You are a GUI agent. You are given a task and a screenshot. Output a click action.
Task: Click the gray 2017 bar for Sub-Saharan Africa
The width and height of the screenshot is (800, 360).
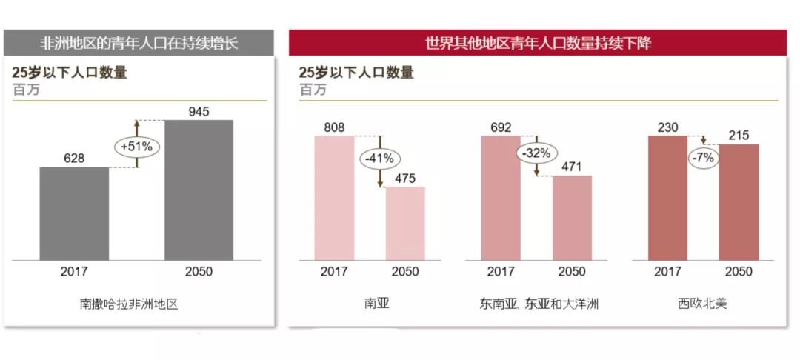point(74,213)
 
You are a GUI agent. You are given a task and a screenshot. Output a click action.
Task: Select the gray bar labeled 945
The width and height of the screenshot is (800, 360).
point(199,190)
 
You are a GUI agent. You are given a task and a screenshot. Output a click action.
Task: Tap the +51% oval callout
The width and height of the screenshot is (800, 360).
point(137,147)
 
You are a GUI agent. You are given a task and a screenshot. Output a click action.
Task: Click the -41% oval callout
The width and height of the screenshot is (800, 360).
point(380,159)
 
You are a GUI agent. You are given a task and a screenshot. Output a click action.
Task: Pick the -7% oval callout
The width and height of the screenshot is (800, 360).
point(703,159)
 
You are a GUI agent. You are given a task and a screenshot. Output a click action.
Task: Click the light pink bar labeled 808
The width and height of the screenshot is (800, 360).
point(334,198)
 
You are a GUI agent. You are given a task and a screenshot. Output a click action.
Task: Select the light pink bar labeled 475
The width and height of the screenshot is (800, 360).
point(405,223)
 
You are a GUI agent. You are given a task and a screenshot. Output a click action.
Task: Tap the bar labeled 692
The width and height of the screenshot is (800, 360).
point(501,198)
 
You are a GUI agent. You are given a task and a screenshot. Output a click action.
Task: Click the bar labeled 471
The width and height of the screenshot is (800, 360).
point(572,218)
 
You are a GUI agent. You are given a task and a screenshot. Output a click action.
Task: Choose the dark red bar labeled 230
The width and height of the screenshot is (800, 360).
point(667,198)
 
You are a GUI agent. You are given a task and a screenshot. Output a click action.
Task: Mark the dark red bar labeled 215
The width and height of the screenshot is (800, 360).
point(739,202)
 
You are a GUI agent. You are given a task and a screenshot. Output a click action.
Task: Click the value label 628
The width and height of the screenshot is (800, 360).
point(74,159)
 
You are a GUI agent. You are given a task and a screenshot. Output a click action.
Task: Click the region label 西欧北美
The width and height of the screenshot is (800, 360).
point(702,303)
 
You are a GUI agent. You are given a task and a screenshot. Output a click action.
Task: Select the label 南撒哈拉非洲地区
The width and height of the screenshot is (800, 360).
point(130,303)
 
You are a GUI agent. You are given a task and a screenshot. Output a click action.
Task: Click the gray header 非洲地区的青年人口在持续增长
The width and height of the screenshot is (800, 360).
point(139,42)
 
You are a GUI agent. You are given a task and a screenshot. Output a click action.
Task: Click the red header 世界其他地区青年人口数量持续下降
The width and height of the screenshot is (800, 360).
point(538,43)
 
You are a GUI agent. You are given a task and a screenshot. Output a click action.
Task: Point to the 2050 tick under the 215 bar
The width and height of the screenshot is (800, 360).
point(739,272)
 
